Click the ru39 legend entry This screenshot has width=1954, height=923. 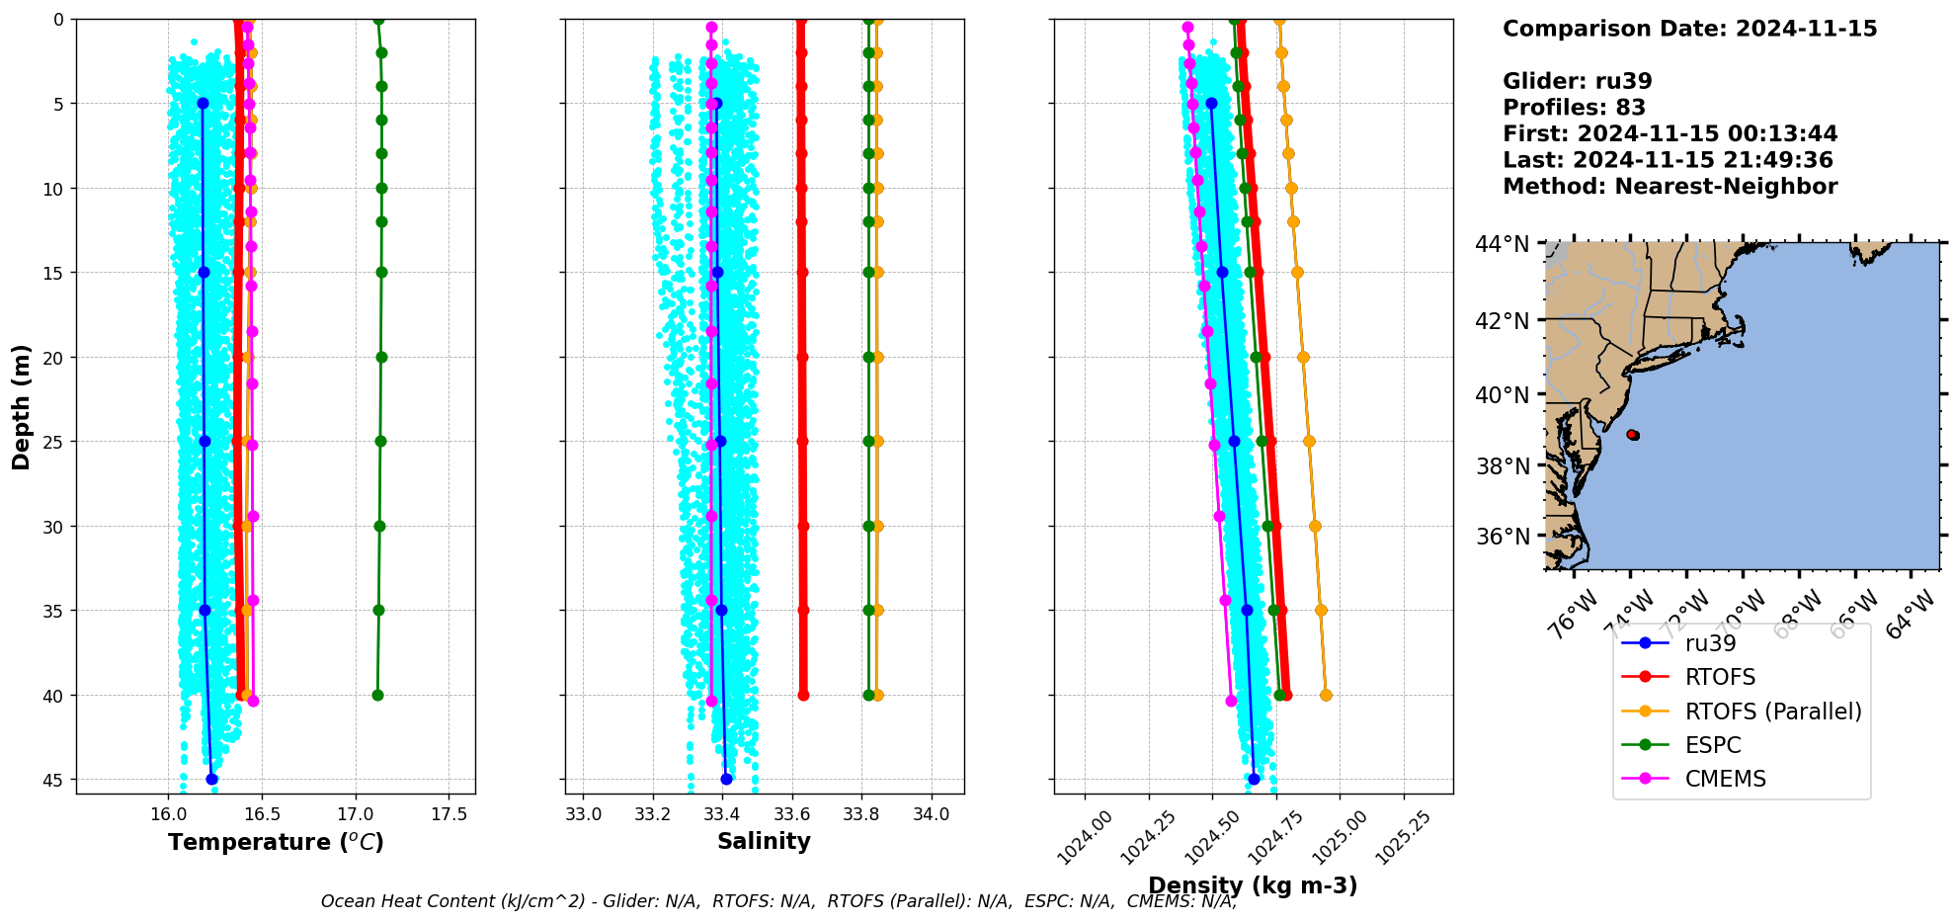click(1710, 643)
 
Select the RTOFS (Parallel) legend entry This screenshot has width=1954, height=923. click(1772, 712)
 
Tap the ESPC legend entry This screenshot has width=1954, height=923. click(1712, 745)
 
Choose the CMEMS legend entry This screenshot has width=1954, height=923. click(1725, 779)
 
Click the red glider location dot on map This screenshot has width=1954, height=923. click(1632, 435)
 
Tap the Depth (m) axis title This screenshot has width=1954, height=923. click(22, 406)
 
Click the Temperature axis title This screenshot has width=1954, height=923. click(276, 842)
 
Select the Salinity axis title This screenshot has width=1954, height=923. click(764, 841)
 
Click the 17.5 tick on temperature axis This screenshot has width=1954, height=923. click(448, 814)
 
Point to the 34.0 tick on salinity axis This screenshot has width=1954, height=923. click(931, 814)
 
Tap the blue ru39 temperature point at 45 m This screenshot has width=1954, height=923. click(211, 779)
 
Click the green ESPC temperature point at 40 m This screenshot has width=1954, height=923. click(377, 695)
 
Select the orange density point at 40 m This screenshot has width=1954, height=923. click(1326, 695)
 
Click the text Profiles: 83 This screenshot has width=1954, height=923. click(1574, 108)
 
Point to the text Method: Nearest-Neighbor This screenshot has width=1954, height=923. click(1669, 187)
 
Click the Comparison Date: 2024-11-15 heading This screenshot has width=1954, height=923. click(1689, 29)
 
